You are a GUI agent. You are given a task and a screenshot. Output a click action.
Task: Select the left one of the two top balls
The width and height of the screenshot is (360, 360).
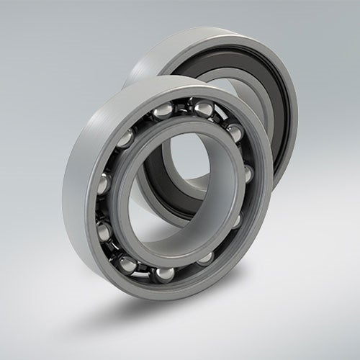click(x=164, y=110)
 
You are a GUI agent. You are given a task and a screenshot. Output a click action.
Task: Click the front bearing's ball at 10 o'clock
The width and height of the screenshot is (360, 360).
click(x=126, y=138)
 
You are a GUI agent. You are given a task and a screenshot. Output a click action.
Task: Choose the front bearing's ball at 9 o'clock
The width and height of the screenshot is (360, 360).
click(x=103, y=184)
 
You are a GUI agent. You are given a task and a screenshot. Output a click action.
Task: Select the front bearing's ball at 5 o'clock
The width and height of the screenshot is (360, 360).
click(x=205, y=257)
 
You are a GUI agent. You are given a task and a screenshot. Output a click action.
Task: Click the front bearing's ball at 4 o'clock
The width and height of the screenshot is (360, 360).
click(x=235, y=220)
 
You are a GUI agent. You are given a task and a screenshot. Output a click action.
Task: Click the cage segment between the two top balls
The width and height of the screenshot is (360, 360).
click(x=184, y=108)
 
